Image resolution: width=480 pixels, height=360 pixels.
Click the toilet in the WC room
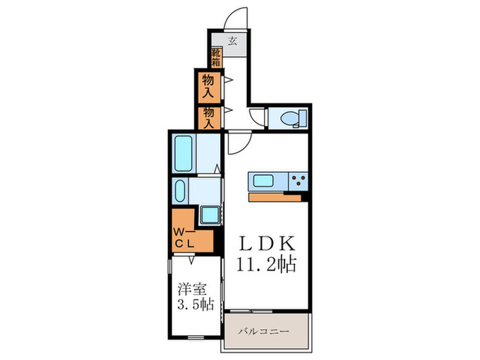[293, 119]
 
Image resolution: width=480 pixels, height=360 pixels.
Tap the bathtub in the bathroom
[183, 154]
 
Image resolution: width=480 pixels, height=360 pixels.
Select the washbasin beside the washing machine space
[180, 191]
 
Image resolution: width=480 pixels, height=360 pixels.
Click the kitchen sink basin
[263, 180]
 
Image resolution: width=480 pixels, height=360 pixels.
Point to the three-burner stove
[298, 181]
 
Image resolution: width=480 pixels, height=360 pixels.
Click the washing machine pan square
[211, 215]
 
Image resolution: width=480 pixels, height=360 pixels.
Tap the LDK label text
[267, 243]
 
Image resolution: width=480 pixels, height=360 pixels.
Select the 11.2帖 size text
[266, 265]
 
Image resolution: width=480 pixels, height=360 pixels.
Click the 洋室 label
[192, 289]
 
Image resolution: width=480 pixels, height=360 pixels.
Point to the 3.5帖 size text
[196, 304]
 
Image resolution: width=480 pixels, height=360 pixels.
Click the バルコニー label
[264, 331]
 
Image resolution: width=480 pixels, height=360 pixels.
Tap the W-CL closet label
[184, 238]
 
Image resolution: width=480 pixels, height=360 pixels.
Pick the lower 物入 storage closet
[208, 118]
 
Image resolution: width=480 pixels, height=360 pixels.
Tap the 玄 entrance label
[232, 40]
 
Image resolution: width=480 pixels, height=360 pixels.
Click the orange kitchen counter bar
[275, 197]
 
